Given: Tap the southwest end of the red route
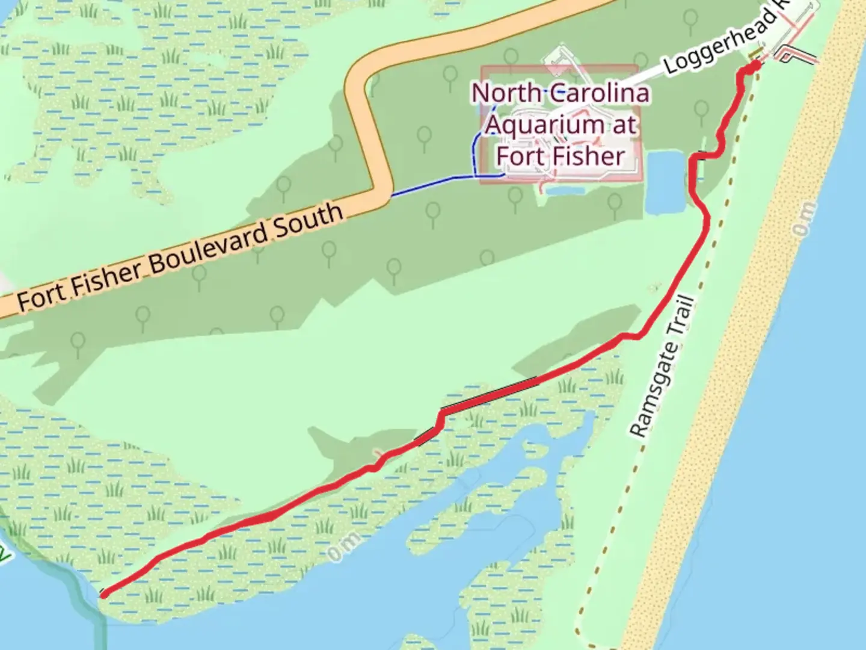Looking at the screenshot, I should tap(103, 595).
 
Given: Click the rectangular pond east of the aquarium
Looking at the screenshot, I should tap(666, 182).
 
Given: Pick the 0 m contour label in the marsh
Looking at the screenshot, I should tap(345, 546).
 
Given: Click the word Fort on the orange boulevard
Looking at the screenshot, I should tap(40, 297).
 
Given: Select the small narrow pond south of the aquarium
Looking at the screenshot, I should tap(566, 191).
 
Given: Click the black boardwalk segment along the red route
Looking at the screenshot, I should tap(490, 394).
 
